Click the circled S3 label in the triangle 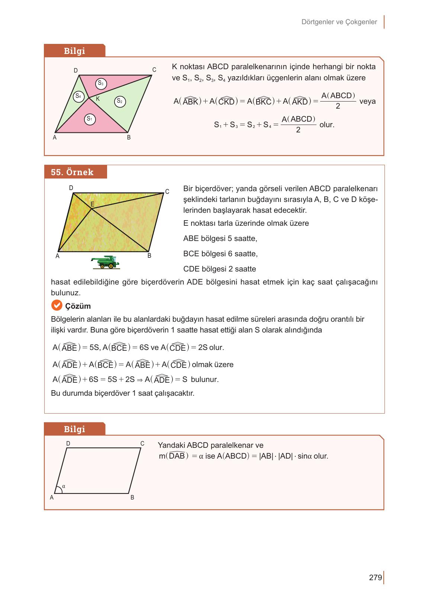coord(100,84)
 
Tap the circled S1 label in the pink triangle coord(89,119)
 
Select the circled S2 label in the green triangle coord(120,101)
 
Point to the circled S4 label coord(78,96)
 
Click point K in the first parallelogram coord(98,99)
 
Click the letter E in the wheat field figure coord(92,205)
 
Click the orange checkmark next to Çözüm coord(57,306)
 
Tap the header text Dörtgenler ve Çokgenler coord(339,22)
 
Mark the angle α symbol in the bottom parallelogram coord(64,486)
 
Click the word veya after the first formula coord(367,101)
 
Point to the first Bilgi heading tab coord(74,51)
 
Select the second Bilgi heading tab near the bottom coord(74,429)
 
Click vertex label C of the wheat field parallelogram coord(167,192)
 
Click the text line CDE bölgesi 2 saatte coord(219,269)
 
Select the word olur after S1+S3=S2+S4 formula coord(327,125)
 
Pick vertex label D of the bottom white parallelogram coord(68,443)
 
